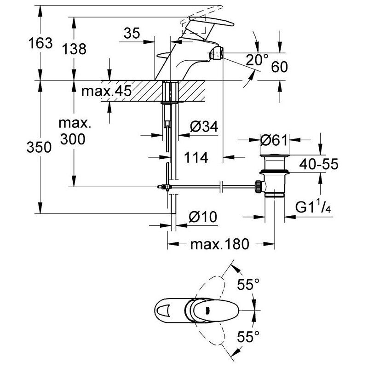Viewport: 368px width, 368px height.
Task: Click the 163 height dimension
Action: tap(40, 44)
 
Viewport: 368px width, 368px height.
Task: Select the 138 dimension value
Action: tap(74, 49)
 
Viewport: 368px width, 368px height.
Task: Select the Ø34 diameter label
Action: tap(203, 127)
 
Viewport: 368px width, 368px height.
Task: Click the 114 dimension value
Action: tap(196, 158)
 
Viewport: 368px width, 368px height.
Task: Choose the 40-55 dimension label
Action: tap(318, 164)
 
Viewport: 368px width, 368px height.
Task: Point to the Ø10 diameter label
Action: tap(203, 217)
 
